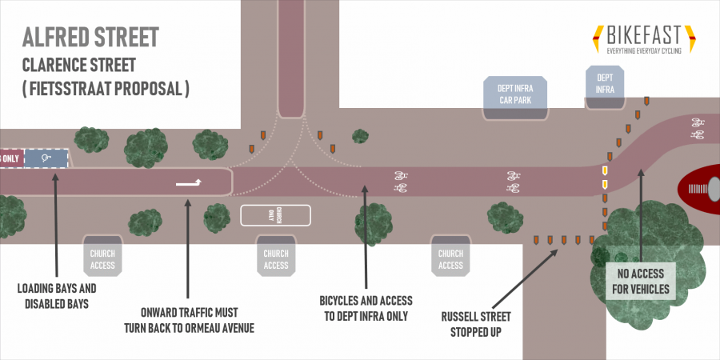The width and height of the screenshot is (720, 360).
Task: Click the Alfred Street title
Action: point(90,37)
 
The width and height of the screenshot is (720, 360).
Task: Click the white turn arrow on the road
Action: point(190,182)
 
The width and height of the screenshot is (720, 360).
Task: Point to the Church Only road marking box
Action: point(274,215)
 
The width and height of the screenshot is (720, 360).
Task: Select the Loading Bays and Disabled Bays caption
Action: point(58,295)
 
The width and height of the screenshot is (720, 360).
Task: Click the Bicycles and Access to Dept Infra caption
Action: point(366,307)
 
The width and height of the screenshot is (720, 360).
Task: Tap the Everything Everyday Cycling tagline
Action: point(643,51)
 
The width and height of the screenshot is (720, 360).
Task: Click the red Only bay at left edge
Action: point(10,158)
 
